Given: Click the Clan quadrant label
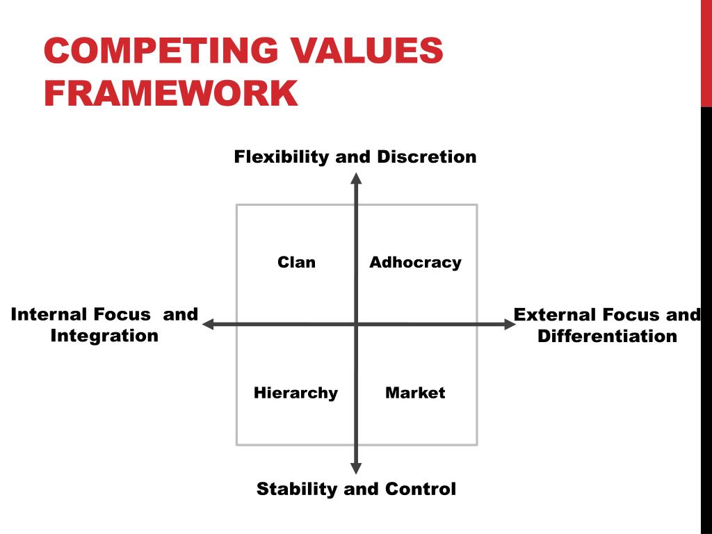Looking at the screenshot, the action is (x=296, y=262).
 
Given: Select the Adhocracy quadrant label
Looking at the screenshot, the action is (x=415, y=262).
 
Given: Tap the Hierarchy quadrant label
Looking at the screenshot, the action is (x=296, y=393).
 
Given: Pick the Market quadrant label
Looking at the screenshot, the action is (x=415, y=393).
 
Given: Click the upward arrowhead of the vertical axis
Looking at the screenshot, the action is (x=356, y=178).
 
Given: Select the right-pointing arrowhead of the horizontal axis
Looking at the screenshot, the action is (x=509, y=324).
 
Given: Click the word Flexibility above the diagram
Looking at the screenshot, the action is (x=282, y=156).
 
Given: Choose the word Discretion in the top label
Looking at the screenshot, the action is (x=427, y=156).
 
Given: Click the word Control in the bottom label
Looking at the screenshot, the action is (x=420, y=489).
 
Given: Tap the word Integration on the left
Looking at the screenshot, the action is (x=104, y=336).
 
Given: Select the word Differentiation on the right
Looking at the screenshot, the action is (x=607, y=336).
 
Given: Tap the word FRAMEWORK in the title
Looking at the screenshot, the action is (x=171, y=94).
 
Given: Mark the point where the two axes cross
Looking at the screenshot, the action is (x=356, y=324).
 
